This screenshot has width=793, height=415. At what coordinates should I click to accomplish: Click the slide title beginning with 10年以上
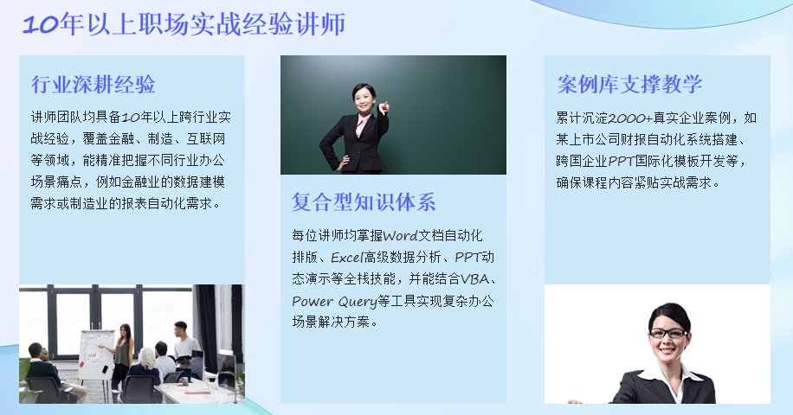184,24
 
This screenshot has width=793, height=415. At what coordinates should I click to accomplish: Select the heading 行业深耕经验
93,85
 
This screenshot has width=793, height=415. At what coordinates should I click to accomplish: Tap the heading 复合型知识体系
364,202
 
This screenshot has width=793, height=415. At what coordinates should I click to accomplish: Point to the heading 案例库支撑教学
629,84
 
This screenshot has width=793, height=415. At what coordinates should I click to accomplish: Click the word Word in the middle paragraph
401,236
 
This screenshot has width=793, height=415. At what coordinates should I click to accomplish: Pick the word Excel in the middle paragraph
347,258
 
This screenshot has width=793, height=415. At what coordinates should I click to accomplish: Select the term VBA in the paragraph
475,279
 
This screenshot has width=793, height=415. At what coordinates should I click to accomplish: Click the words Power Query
334,302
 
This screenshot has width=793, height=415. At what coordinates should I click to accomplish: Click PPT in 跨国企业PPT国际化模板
621,162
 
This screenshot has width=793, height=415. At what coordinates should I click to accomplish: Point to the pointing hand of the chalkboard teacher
384,107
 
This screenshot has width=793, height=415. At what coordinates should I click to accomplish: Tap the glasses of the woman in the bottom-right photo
667,333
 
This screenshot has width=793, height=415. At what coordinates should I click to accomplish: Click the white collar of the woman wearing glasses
668,375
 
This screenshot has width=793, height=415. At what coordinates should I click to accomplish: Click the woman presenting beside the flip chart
121,355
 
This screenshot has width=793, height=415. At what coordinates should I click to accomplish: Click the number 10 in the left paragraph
131,118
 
